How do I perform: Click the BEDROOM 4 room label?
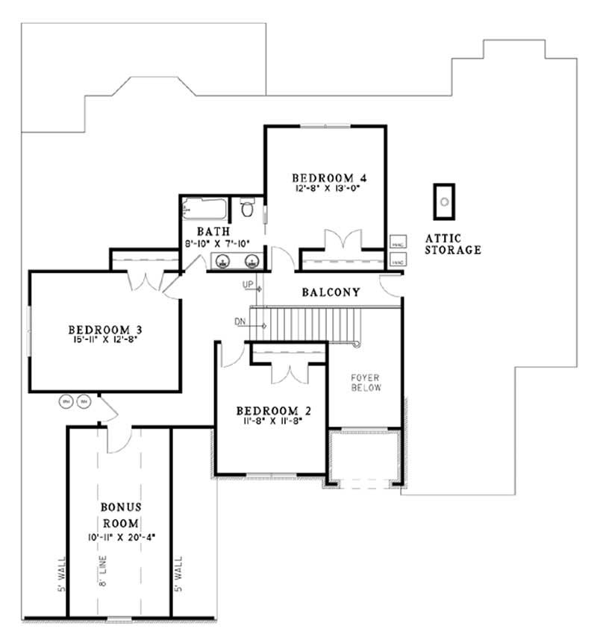[328, 178]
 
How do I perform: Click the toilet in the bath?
[248, 210]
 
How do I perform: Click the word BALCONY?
[331, 292]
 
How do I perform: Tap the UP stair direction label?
[248, 285]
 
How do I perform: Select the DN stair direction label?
[240, 322]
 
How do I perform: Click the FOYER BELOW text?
[366, 383]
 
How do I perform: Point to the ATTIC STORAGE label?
[452, 244]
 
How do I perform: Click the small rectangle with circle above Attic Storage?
[446, 201]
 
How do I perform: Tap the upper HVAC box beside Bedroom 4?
[397, 242]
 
